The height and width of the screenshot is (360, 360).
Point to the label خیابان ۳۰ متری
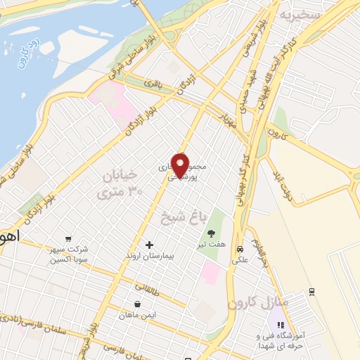tap(120, 181)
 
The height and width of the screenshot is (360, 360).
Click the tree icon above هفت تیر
tap(210, 233)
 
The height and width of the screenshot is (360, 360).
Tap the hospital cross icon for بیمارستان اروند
tap(149, 245)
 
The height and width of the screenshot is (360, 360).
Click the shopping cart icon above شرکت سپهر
tap(67, 238)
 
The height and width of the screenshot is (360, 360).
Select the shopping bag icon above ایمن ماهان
tap(136, 304)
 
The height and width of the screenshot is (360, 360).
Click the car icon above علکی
tap(240, 249)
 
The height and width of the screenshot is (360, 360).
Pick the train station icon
tap(311, 290)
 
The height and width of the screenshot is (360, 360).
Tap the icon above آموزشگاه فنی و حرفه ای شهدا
tap(281, 325)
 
